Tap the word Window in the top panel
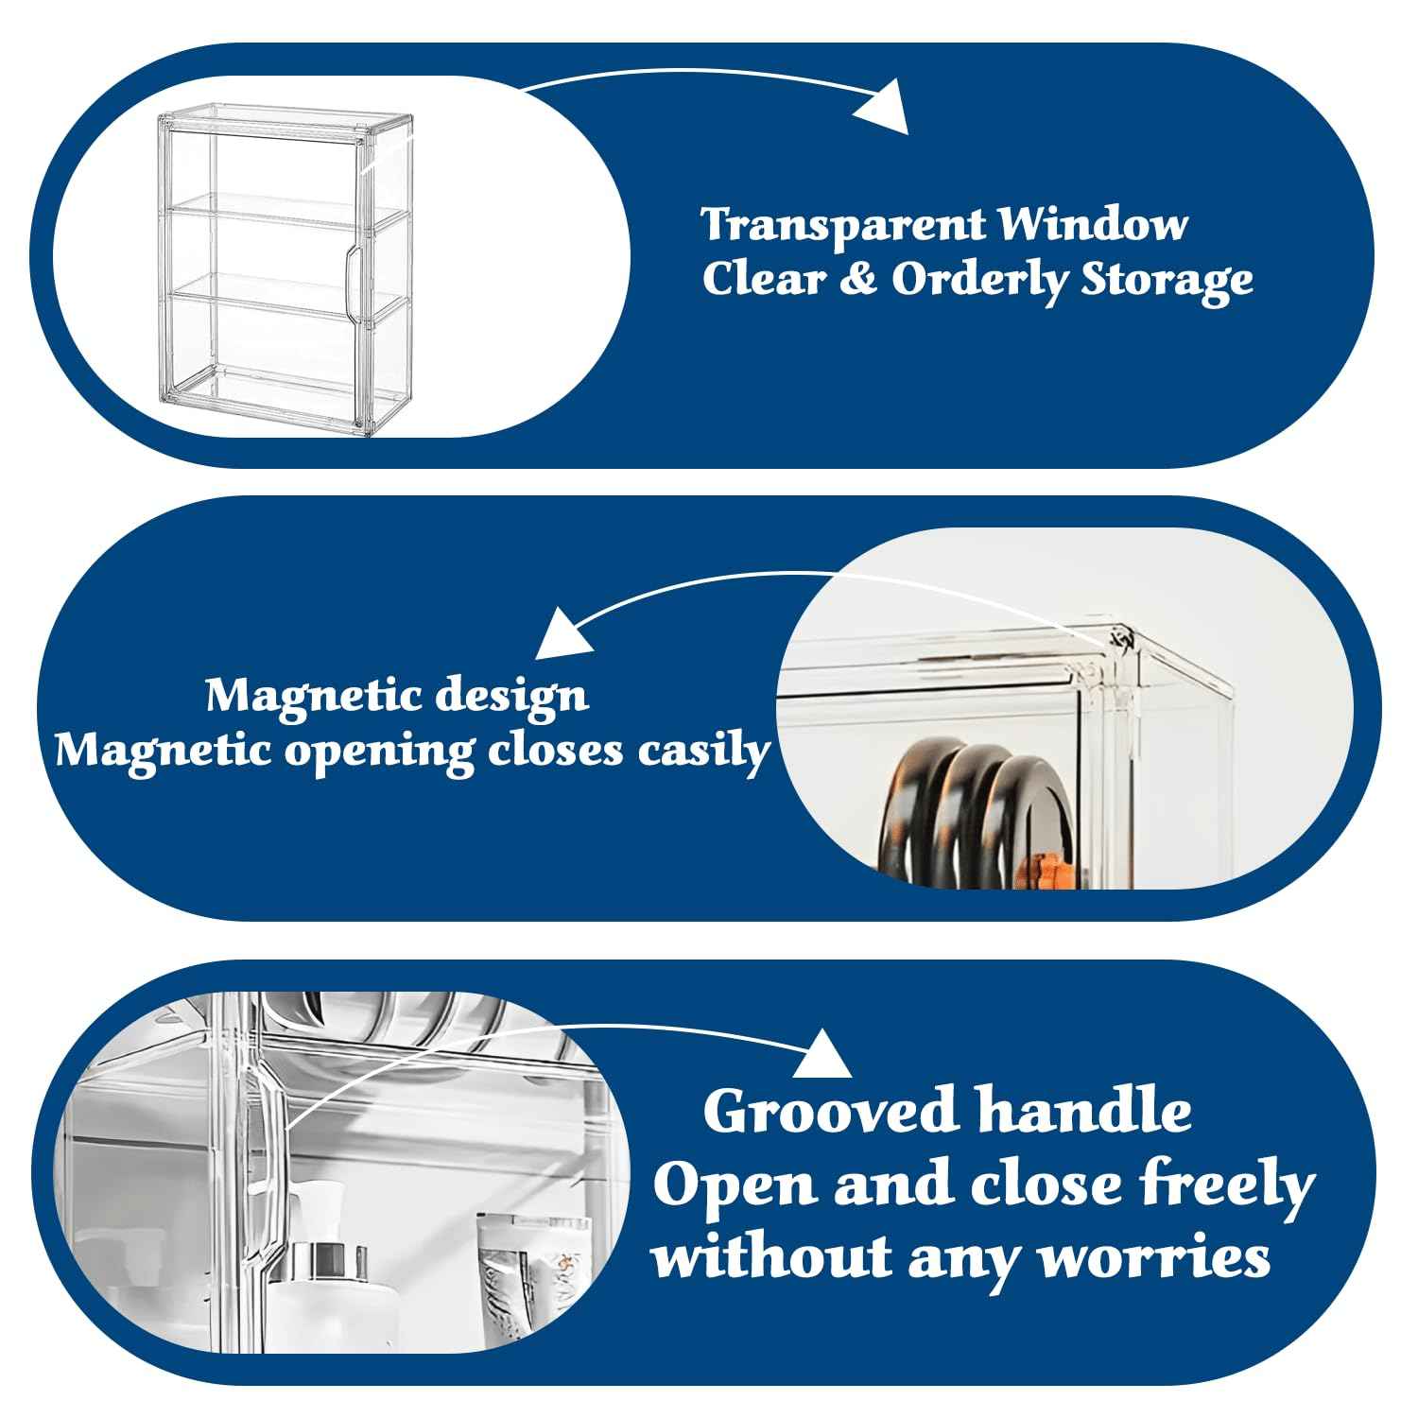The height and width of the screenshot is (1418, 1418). coord(1094,225)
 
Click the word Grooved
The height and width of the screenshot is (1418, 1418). coord(830,1113)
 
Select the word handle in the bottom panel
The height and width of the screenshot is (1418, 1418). coord(1083,1112)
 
